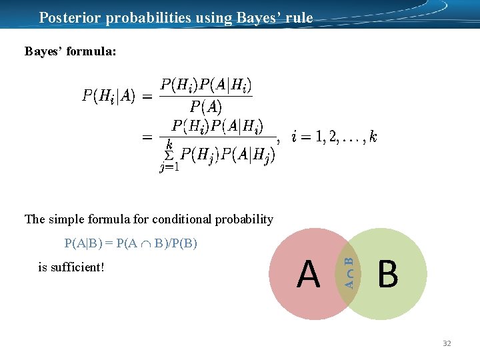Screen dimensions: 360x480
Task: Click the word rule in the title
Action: [299, 17]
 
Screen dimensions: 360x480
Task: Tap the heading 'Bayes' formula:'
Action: [70, 51]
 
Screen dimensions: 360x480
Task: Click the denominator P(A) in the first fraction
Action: [206, 107]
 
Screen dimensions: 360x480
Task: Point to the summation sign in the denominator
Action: [169, 155]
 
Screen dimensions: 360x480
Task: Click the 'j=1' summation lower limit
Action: [169, 167]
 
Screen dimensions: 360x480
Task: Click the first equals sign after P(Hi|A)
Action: [147, 97]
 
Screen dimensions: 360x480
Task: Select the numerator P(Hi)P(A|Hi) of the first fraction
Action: [206, 86]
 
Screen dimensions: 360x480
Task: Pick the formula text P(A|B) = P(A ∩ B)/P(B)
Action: [131, 243]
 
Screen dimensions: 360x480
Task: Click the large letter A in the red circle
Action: [309, 274]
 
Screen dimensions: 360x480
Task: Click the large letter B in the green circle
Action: [387, 274]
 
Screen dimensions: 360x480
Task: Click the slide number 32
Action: [447, 343]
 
